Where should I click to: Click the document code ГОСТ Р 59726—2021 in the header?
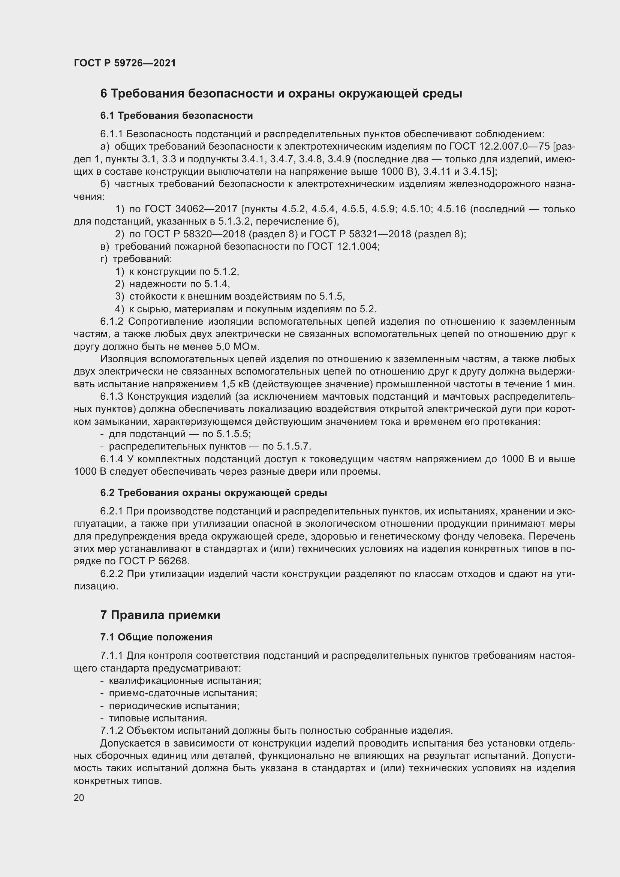[x=125, y=63]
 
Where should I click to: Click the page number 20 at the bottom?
[x=79, y=798]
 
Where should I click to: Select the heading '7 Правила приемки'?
[x=160, y=615]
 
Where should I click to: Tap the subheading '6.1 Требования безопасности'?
[x=177, y=115]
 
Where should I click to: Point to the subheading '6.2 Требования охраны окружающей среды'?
[x=213, y=493]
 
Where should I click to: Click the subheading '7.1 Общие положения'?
[x=157, y=637]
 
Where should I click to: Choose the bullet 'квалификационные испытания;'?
[x=185, y=681]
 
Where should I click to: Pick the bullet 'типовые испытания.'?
[x=158, y=718]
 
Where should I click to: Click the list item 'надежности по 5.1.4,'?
[x=180, y=284]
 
